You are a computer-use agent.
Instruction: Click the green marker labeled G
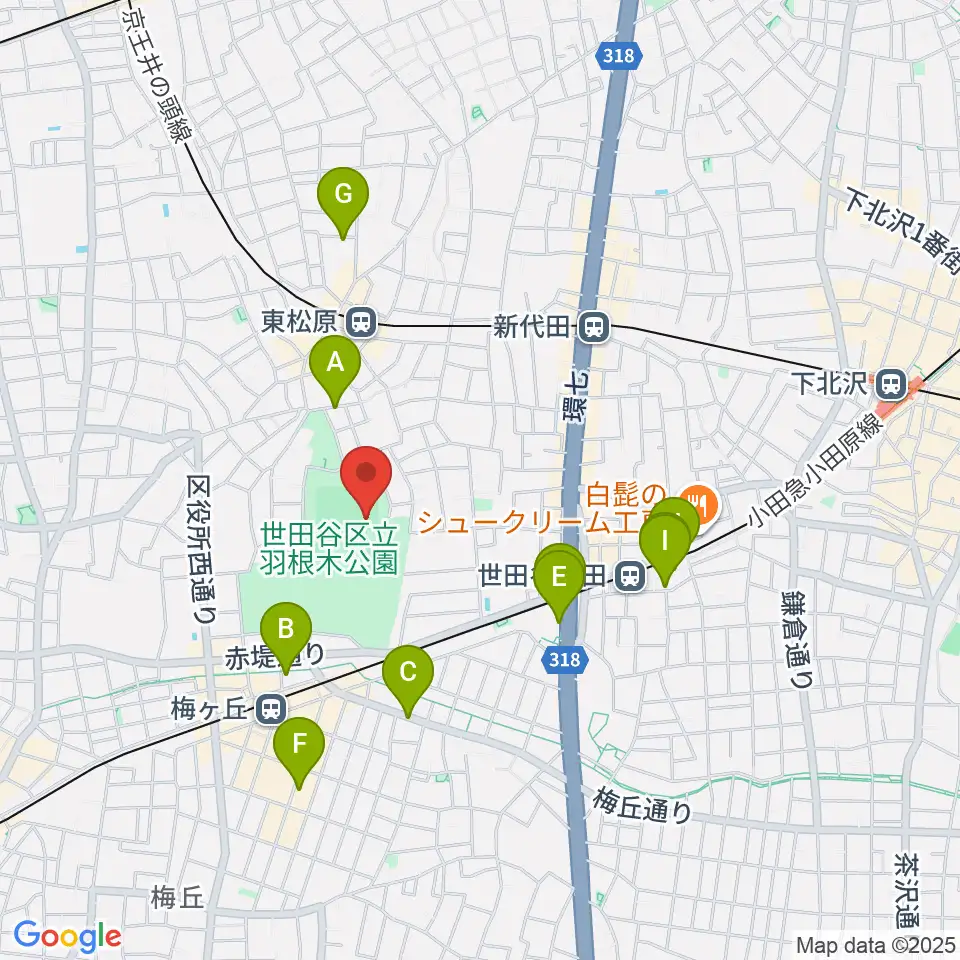pos(343,195)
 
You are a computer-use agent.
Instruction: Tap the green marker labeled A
pos(334,363)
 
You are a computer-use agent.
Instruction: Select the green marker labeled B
pos(285,630)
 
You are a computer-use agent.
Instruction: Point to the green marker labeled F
pos(298,744)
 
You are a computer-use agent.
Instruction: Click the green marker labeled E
pos(559,577)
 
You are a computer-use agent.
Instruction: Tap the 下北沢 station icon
pos(889,382)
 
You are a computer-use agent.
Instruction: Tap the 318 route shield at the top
pos(619,57)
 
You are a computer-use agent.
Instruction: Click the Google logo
pos(67,937)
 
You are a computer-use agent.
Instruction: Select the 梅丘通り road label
pos(641,804)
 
